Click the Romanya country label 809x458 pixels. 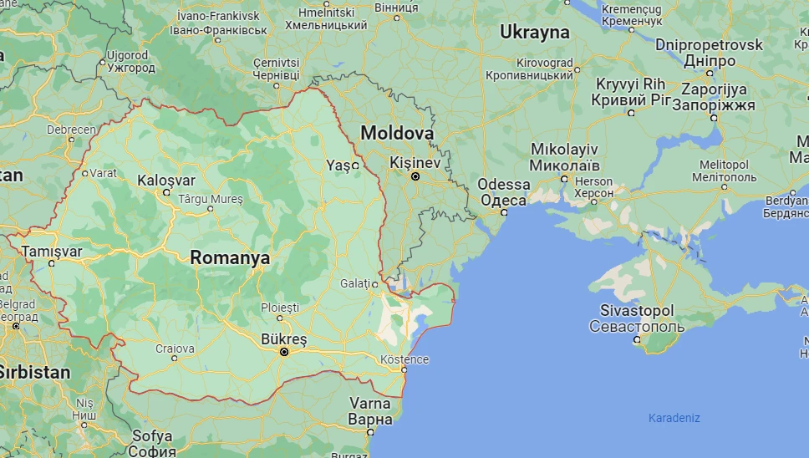(230, 258)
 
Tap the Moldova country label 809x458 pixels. (397, 134)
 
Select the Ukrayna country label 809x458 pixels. (535, 33)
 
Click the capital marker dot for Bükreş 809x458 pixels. (284, 353)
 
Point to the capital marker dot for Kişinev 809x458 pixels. (415, 176)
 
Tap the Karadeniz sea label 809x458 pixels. (674, 418)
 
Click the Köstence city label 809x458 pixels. (404, 359)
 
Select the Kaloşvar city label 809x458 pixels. (166, 181)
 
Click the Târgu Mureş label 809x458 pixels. (210, 199)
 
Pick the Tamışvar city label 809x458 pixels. (53, 252)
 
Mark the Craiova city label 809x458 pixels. (175, 349)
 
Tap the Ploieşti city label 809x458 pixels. (279, 308)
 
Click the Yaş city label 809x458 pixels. (338, 165)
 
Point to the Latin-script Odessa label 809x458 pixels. (504, 185)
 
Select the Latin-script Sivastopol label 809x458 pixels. (637, 311)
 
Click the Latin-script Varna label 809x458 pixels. (370, 404)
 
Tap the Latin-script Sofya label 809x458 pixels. (152, 435)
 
